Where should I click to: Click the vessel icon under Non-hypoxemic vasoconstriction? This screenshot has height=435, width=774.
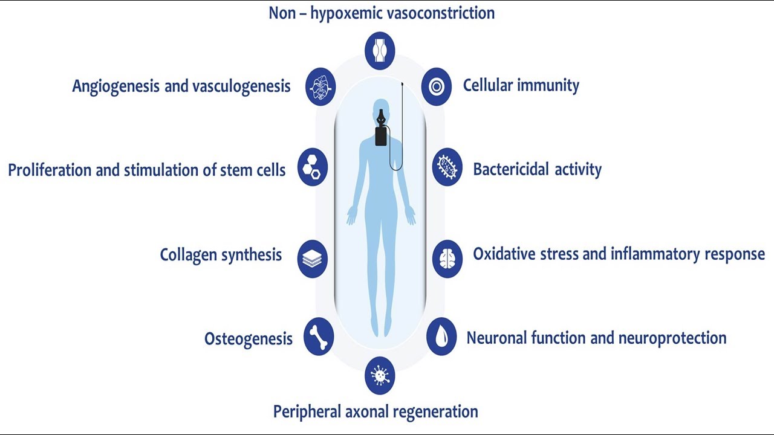tap(380, 50)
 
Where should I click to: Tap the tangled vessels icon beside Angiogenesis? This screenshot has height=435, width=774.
tap(320, 87)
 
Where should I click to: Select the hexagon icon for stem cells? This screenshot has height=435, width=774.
tap(313, 167)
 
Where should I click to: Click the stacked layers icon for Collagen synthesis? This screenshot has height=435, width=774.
tap(313, 259)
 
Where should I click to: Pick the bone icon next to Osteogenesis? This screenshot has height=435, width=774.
tap(319, 337)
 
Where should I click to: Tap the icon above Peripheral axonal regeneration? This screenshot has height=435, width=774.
tap(380, 375)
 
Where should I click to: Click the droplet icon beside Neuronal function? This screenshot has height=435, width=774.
tap(441, 337)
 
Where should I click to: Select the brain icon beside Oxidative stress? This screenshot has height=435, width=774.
tap(447, 259)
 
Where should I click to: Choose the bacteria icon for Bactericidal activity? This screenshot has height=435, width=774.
tap(447, 167)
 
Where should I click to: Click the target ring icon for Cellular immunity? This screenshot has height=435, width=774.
tap(437, 87)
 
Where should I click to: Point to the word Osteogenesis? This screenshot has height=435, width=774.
tap(248, 338)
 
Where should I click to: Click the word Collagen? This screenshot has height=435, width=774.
tap(181, 255)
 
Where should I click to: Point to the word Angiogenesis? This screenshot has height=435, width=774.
tap(115, 86)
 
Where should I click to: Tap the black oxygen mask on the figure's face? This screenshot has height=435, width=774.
tap(380, 117)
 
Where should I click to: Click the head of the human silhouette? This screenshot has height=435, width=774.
tap(380, 108)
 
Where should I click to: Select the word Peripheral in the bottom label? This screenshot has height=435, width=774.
tap(307, 412)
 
